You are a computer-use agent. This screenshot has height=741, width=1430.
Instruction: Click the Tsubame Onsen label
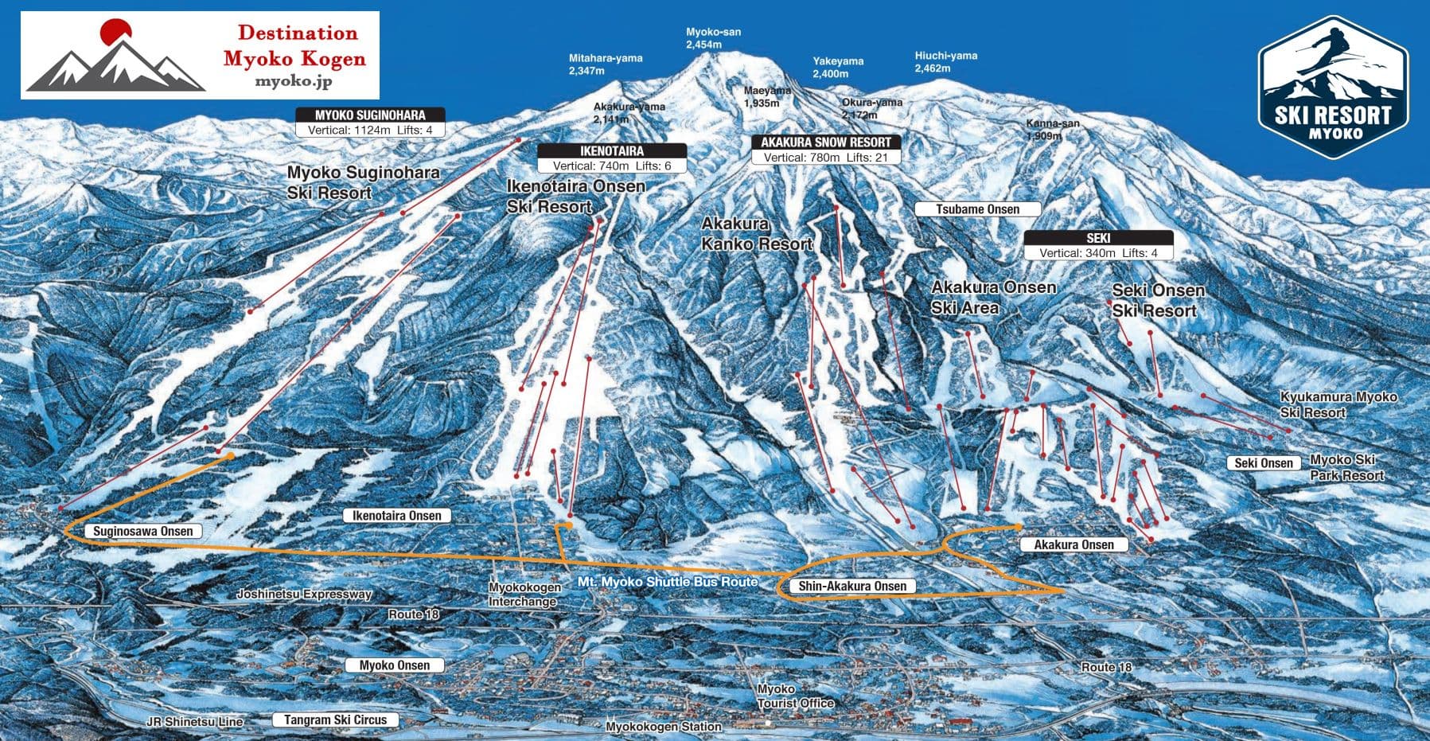pyautogui.click(x=977, y=209)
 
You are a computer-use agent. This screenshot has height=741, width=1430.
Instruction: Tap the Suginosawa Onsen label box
pyautogui.click(x=142, y=531)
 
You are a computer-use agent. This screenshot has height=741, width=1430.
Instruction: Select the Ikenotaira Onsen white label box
pyautogui.click(x=396, y=516)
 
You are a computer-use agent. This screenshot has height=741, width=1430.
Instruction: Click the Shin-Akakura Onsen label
pyautogui.click(x=851, y=587)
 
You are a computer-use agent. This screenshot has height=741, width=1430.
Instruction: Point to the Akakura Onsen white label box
pyautogui.click(x=1073, y=544)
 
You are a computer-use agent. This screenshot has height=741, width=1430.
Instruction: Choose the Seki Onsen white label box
pyautogui.click(x=1264, y=462)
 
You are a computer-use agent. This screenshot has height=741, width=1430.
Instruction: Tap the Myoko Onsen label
pyautogui.click(x=394, y=665)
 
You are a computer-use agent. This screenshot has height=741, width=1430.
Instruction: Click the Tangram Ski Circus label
pyautogui.click(x=335, y=720)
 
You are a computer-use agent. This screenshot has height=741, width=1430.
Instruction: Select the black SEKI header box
pyautogui.click(x=1098, y=238)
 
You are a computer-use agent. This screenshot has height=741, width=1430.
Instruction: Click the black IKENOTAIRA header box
pyautogui.click(x=611, y=150)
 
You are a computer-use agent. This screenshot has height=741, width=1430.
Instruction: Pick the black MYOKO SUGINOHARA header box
pyautogui.click(x=370, y=115)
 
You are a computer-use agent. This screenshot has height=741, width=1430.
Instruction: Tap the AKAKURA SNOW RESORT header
pyautogui.click(x=826, y=142)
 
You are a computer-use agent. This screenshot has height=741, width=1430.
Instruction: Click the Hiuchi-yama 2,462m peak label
pyautogui.click(x=945, y=61)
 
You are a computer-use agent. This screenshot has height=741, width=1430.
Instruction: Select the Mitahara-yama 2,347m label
pyautogui.click(x=605, y=64)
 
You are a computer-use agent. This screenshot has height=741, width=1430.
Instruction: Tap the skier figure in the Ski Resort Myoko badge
pyautogui.click(x=1331, y=53)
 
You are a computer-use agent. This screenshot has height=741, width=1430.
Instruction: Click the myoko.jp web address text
pyautogui.click(x=294, y=81)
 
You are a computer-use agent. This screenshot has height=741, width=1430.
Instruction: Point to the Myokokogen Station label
pyautogui.click(x=663, y=727)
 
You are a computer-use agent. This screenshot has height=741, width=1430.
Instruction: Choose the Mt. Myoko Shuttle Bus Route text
pyautogui.click(x=667, y=582)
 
